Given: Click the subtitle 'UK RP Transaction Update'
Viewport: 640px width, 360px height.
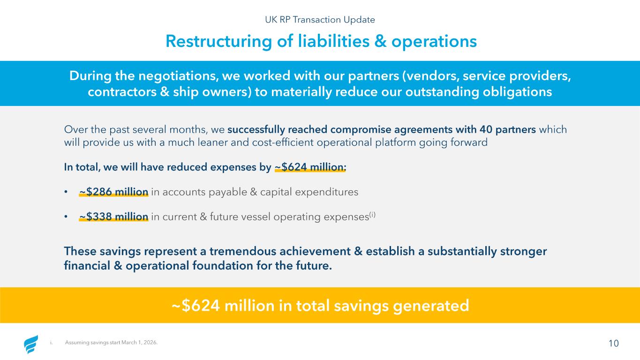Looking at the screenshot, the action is coord(320,20).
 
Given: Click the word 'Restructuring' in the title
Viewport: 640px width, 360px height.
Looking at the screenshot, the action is coord(218,41).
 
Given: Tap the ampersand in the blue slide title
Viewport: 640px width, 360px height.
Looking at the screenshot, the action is coord(380,41).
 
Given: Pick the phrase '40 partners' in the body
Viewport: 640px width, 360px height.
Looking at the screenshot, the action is coord(508,129).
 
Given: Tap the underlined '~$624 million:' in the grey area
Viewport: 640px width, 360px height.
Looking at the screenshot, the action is coord(310,167).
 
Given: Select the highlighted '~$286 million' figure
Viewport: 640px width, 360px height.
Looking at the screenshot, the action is coord(114,192).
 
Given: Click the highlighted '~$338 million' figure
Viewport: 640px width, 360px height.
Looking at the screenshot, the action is coord(114,217).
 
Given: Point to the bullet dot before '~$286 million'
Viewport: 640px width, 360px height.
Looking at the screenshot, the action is coord(66,192).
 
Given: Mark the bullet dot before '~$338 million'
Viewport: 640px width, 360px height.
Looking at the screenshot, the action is coord(66,217).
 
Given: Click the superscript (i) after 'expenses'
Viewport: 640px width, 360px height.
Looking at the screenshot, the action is coord(372,214).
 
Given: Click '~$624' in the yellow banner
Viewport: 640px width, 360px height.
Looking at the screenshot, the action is coord(196,306).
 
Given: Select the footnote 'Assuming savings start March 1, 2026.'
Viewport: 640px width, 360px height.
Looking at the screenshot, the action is coord(111,342).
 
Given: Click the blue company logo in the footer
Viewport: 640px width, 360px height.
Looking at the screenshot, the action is coord(31,344).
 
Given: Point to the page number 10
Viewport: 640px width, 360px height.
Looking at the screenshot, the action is coord(614,343).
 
